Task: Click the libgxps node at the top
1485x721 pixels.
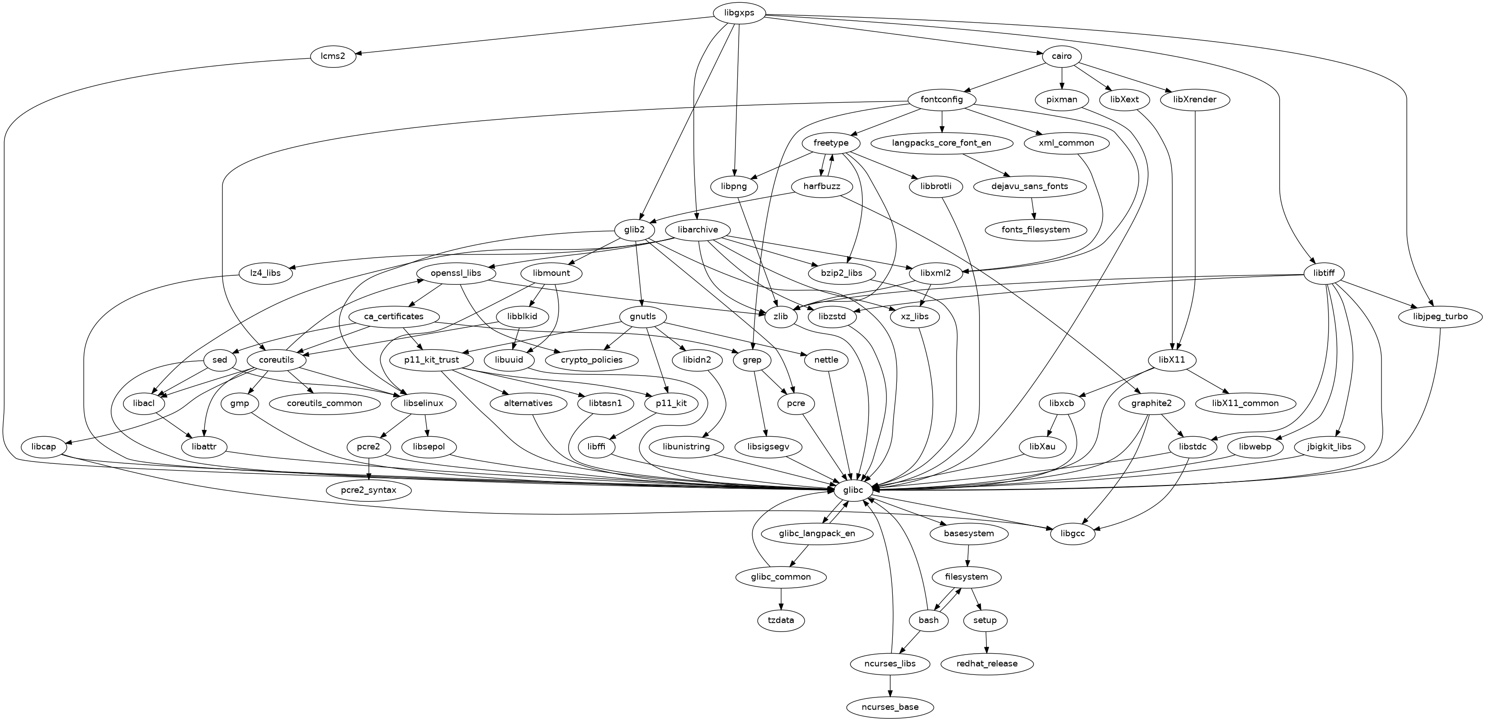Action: coord(739,13)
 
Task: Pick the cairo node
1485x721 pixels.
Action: coord(1062,56)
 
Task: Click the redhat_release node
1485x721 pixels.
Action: coord(987,664)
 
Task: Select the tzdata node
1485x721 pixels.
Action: coord(781,620)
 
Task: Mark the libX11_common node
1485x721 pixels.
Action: coord(1245,403)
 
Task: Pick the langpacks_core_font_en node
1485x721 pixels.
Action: coord(941,143)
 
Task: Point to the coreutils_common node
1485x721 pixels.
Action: coord(325,403)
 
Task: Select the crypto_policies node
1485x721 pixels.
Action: coord(591,360)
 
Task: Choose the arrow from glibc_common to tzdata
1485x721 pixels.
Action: coord(781,599)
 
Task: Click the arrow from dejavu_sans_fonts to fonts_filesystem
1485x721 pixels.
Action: coord(1033,208)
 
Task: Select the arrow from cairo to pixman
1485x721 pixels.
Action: coord(1062,78)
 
